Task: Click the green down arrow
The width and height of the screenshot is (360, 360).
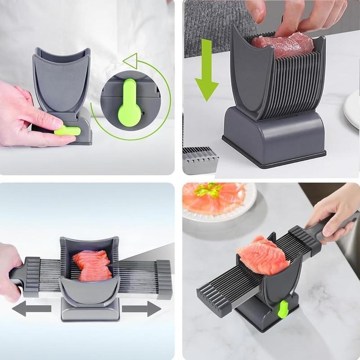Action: click(207, 72)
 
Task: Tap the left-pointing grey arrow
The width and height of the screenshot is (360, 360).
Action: click(31, 308)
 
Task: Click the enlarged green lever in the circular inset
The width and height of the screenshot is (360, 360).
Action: click(129, 102)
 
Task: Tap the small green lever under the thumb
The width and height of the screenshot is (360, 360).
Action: click(67, 131)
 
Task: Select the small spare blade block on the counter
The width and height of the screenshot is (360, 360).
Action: click(200, 160)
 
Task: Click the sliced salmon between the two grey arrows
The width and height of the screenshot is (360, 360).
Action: click(92, 265)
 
